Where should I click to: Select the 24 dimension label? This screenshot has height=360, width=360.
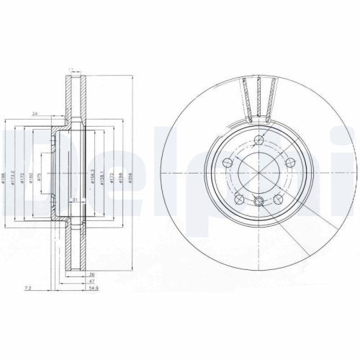[x=35, y=114]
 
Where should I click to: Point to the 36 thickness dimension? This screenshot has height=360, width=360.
[x=91, y=275]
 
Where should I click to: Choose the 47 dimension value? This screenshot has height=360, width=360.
[x=91, y=282]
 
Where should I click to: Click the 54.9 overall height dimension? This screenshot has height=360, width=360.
[x=93, y=288]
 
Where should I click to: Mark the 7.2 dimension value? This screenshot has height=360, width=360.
[x=27, y=288]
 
